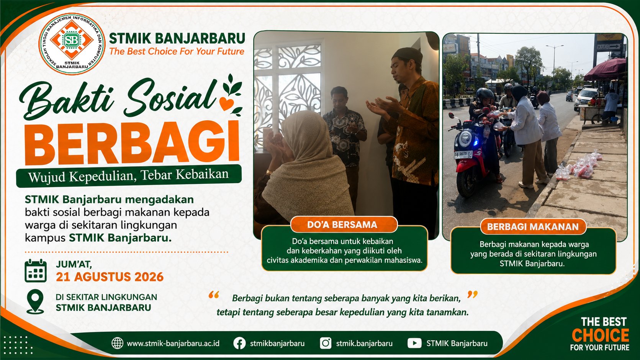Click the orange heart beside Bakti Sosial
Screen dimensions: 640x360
[x=227, y=103]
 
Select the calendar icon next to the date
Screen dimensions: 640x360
[x=36, y=271]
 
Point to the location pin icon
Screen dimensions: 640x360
[x=35, y=302]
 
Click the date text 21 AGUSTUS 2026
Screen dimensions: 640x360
[x=110, y=277]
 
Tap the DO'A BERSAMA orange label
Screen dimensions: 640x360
[x=342, y=224]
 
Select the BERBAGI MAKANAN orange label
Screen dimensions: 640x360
[x=533, y=227]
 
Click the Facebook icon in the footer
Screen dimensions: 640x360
[x=239, y=343]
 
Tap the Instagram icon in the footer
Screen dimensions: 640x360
[x=326, y=343]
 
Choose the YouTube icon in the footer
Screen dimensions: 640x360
[x=414, y=343]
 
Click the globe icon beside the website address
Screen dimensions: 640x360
[x=118, y=343]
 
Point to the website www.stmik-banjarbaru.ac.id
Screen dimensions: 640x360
[x=173, y=343]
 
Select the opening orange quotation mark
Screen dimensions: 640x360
[x=214, y=295]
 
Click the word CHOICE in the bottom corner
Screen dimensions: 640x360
[x=600, y=335]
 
